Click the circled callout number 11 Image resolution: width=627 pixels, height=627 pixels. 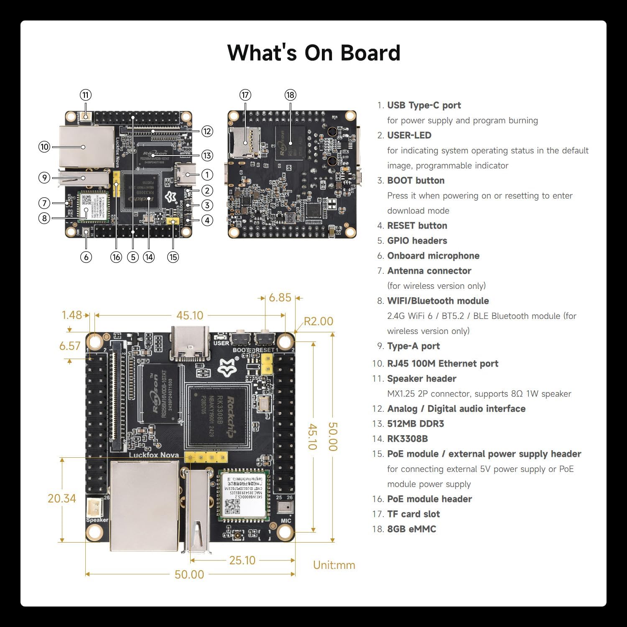point(86,95)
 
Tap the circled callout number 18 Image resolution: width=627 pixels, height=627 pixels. point(290,95)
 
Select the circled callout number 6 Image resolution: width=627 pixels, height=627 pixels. point(86,257)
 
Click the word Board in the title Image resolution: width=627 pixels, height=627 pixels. point(370,53)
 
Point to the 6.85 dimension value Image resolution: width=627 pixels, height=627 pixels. point(280,298)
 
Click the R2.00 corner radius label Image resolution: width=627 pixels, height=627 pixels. point(318,321)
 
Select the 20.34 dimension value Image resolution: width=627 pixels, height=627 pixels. point(62,498)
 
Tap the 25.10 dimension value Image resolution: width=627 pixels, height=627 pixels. point(242,560)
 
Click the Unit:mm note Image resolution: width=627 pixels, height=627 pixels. point(334,565)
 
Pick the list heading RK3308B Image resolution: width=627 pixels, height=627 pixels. point(408,439)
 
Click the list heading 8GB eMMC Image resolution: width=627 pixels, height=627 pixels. point(412,529)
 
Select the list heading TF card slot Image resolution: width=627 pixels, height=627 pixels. point(413,514)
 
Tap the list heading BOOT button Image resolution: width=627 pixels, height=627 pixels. point(416,181)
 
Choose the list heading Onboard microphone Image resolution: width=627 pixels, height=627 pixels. point(433,256)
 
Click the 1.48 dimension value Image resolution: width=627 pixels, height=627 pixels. point(72,315)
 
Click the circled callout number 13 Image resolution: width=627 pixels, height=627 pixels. point(207,155)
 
